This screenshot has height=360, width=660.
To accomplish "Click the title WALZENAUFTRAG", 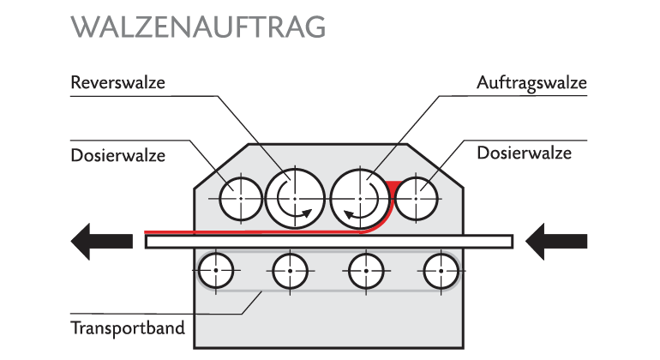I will pos(199,27).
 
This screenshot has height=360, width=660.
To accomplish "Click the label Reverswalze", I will pos(117,83).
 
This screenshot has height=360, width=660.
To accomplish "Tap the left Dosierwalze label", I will pos(117,155).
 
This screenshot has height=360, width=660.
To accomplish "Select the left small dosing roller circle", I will pos(241,198).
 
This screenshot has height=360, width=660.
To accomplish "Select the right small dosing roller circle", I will pos(417,198).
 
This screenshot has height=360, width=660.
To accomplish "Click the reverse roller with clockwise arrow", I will pos(294,198).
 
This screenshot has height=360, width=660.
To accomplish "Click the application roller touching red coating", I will pos(361,198).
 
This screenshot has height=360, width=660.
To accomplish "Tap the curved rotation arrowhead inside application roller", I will pos(350,214).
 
